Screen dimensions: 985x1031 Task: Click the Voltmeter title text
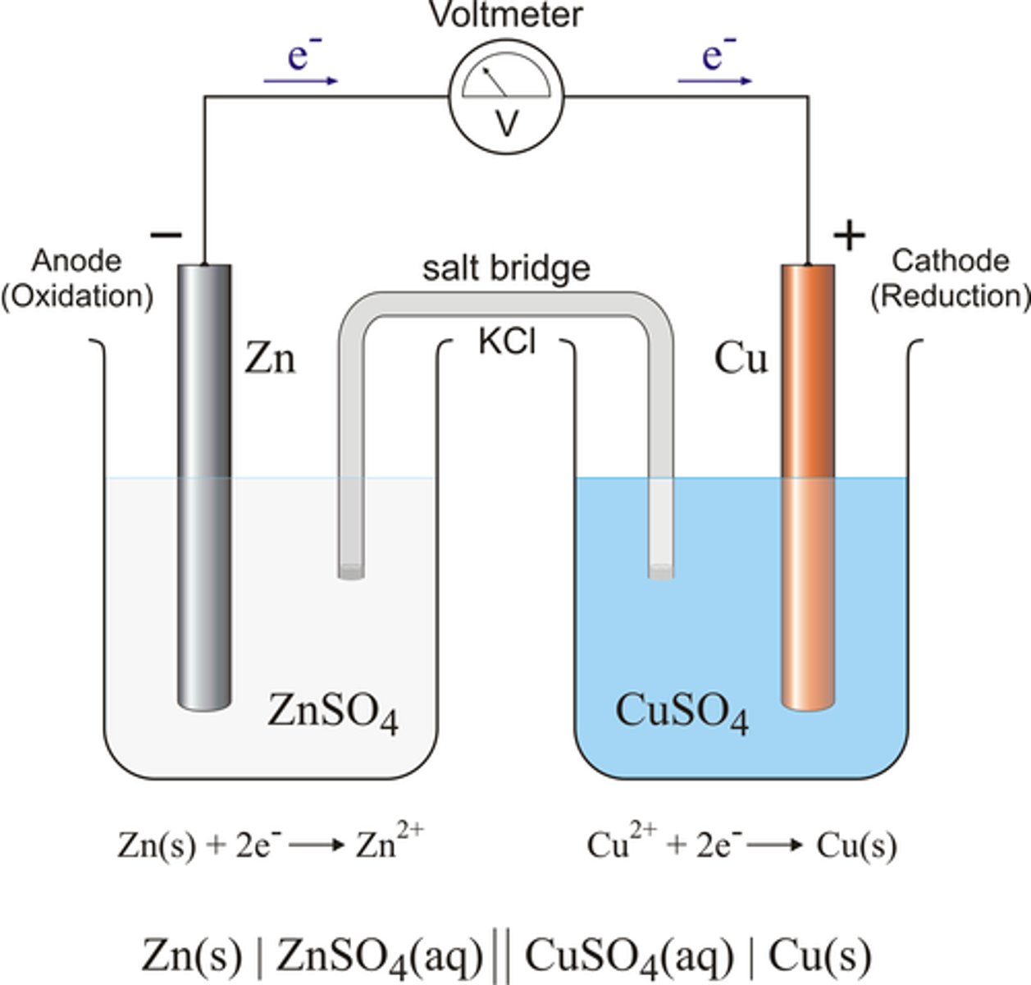(506, 15)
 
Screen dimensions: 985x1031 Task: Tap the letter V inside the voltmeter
(507, 124)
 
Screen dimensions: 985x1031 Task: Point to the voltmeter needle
(494, 81)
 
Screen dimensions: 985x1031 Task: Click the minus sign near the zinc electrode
(166, 236)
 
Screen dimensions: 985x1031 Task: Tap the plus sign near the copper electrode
(849, 236)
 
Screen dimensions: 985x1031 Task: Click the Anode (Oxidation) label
(77, 278)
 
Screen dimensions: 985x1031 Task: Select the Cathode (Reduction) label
(950, 278)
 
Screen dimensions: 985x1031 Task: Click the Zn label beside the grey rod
(270, 359)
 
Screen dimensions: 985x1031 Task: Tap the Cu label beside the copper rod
(741, 359)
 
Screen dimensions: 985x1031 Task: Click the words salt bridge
(506, 268)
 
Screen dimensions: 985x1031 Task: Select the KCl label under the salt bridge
(507, 341)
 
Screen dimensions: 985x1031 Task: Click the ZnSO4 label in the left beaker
(332, 712)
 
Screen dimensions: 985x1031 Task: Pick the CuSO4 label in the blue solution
(681, 712)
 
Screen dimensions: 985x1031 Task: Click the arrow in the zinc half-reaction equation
(317, 845)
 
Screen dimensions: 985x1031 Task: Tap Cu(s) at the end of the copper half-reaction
(856, 845)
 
